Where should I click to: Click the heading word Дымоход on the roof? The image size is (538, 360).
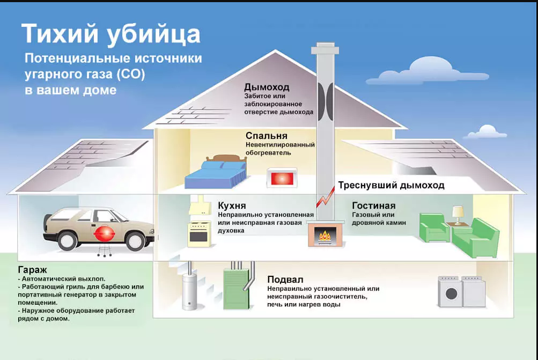pyautogui.click(x=267, y=87)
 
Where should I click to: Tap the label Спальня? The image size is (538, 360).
pyautogui.click(x=266, y=136)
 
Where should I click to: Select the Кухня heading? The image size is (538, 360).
pyautogui.click(x=232, y=205)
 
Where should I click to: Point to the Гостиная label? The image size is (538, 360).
pyautogui.click(x=374, y=205)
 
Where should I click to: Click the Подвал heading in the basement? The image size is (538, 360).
pyautogui.click(x=285, y=280)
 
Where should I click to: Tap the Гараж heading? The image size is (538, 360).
pyautogui.click(x=32, y=270)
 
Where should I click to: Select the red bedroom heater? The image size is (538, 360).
pyautogui.click(x=282, y=178)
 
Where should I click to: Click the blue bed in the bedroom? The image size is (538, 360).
pyautogui.click(x=216, y=173)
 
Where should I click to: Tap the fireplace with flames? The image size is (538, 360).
pyautogui.click(x=325, y=233)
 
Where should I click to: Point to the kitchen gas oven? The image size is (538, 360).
pyautogui.click(x=199, y=234)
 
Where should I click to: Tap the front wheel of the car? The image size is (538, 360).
pyautogui.click(x=135, y=241)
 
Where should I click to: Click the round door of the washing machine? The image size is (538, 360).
pyautogui.click(x=451, y=294)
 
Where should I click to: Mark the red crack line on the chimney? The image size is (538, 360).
pyautogui.click(x=325, y=197)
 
